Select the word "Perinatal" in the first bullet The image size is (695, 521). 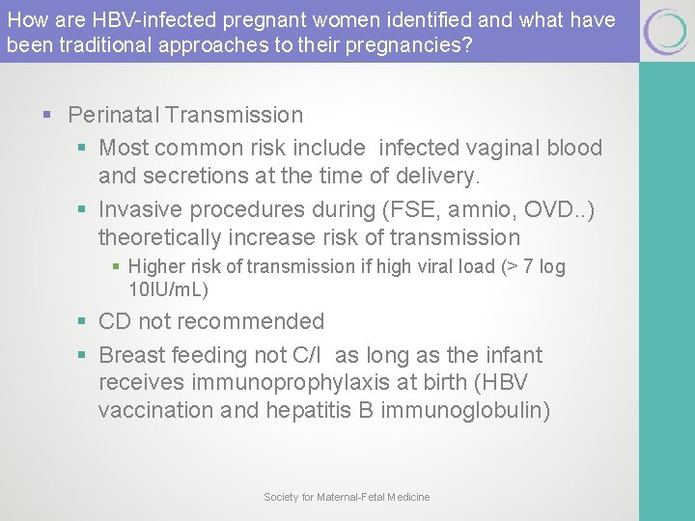(x=113, y=115)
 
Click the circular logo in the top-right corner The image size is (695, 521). (x=666, y=32)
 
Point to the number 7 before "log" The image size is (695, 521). (x=529, y=266)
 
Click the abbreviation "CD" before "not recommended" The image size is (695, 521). (x=116, y=321)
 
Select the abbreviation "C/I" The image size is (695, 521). (x=309, y=355)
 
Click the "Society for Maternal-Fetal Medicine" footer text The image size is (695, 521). (x=347, y=497)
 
